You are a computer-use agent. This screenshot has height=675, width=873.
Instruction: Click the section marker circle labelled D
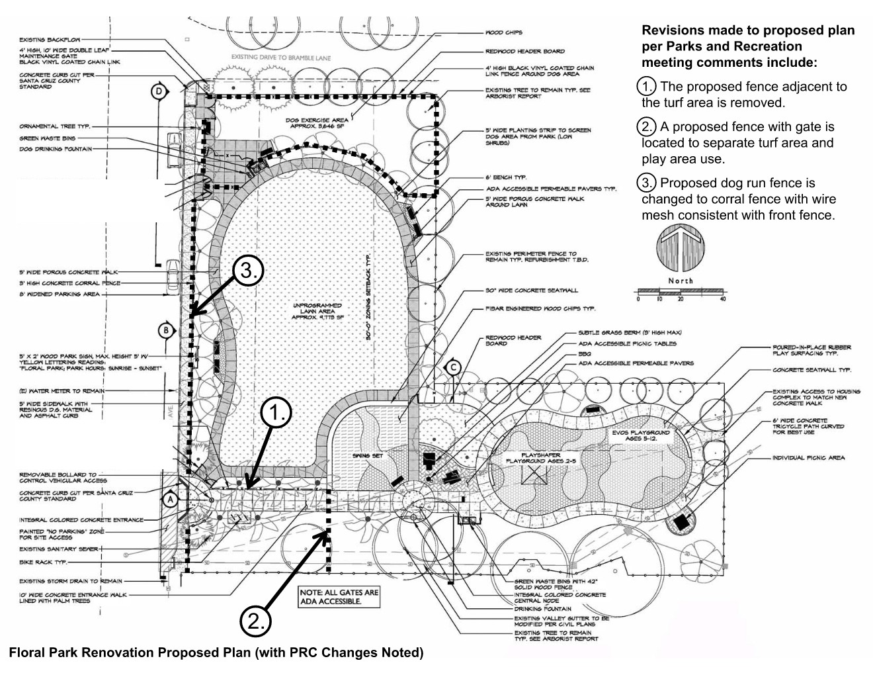pos(158,92)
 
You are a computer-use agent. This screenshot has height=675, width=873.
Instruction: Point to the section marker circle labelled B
pos(166,330)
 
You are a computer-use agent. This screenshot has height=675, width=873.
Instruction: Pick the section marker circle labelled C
pos(453,367)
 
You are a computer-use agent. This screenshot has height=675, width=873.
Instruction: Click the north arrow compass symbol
pos(680,249)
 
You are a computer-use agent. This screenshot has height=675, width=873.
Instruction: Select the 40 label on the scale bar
pos(722,299)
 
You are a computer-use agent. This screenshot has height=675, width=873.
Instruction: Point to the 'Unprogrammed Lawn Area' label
pos(318,311)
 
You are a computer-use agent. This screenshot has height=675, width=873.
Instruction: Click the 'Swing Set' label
pos(363,456)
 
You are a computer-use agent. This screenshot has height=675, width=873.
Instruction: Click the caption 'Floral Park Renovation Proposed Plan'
pos(216,652)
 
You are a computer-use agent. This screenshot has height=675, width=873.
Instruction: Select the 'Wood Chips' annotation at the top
pos(504,32)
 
